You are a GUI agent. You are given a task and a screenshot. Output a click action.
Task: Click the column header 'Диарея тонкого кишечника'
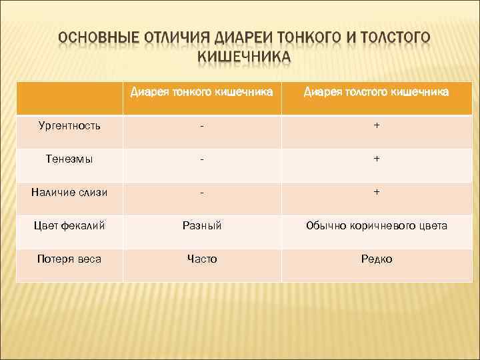pos(201,91)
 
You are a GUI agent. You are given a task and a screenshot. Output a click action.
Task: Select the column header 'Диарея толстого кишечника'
pos(376,91)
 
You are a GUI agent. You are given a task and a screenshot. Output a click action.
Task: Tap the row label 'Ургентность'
pos(66,125)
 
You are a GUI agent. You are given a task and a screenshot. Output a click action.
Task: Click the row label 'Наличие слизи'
pos(69,192)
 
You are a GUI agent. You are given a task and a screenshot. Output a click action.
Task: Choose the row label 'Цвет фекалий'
pos(67,225)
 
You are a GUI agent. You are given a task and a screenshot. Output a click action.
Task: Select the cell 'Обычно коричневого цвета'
pos(377,225)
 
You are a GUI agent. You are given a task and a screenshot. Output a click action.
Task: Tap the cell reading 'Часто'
pos(201,259)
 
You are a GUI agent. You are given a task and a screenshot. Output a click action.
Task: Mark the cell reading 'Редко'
pos(377,259)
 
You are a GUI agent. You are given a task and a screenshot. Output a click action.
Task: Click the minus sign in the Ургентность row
pos(201,125)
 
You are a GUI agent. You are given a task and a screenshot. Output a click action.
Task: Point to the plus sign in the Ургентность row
pos(377,125)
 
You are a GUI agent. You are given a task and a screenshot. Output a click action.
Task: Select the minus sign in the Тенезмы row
pos(201,159)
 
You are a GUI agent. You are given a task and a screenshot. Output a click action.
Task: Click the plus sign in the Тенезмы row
pos(377,159)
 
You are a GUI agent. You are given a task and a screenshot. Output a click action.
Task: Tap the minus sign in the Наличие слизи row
pos(201,192)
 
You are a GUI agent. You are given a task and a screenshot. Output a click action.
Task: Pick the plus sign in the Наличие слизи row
pos(377,192)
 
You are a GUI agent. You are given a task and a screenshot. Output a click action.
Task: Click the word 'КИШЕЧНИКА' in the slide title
pos(244,55)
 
